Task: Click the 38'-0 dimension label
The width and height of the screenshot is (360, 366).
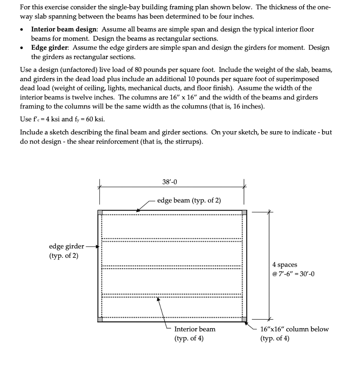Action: (x=169, y=182)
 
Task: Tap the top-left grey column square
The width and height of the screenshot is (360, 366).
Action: (x=101, y=213)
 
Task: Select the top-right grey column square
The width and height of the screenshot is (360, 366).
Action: (x=244, y=213)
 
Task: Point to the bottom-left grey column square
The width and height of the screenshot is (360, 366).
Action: (x=101, y=319)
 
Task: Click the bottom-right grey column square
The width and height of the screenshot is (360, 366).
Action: (x=244, y=319)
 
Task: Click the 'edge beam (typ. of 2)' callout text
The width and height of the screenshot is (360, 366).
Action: (x=189, y=201)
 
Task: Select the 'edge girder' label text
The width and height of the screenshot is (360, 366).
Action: (x=67, y=246)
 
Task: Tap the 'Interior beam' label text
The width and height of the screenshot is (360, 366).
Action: (x=195, y=329)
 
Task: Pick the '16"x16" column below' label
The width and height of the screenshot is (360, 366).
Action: (x=294, y=329)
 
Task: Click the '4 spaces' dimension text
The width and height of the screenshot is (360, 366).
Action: (x=284, y=265)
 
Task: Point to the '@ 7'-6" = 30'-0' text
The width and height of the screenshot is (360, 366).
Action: (x=293, y=274)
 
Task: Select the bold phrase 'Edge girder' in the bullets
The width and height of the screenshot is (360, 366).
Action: (x=50, y=48)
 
